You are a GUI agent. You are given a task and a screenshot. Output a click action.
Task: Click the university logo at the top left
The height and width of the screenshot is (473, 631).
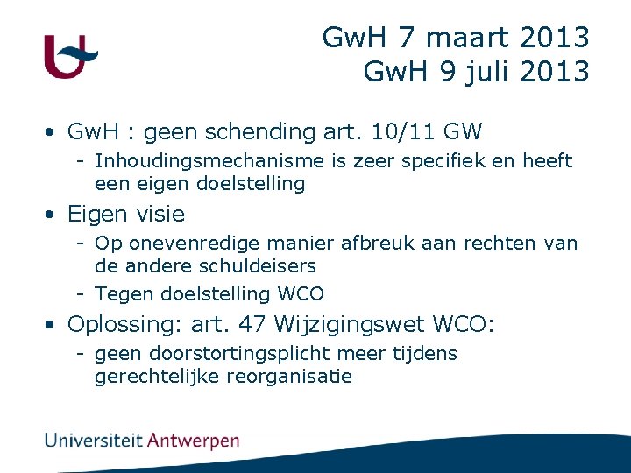click(71, 57)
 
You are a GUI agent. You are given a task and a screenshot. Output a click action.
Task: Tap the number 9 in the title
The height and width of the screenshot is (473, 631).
click(447, 72)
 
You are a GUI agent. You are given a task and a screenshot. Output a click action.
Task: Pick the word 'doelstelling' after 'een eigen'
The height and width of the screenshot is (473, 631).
click(251, 184)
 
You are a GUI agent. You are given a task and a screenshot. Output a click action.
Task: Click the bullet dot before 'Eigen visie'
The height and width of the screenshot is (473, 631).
click(53, 215)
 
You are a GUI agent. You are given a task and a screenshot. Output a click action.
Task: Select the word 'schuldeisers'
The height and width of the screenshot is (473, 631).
click(259, 265)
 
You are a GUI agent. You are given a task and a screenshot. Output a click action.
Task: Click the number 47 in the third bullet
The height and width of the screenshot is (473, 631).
click(253, 325)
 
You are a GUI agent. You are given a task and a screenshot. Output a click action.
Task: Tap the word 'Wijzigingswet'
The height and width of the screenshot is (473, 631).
click(350, 325)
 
